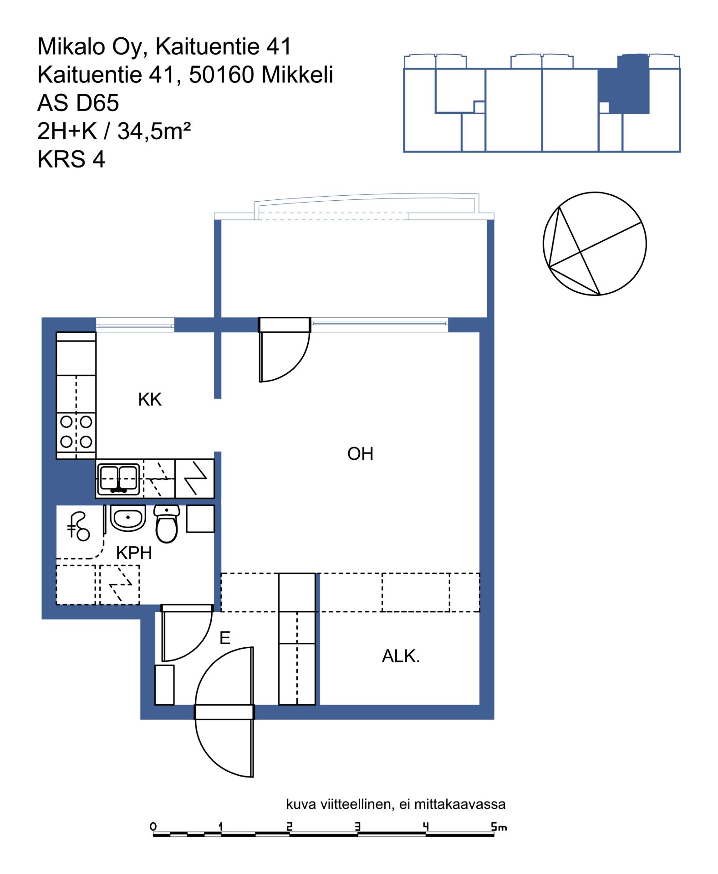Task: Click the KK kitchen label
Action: tap(150, 400)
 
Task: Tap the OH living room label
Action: tap(360, 454)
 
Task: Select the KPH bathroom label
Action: tap(134, 553)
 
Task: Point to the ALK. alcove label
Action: tap(401, 656)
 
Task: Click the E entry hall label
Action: tap(225, 638)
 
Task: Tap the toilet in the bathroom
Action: tap(167, 524)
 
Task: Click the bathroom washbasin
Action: tap(128, 518)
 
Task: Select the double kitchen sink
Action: tap(118, 479)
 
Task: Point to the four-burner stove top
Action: tap(76, 432)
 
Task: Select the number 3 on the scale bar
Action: tap(357, 826)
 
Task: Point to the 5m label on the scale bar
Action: tap(499, 827)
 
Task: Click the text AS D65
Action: tap(78, 103)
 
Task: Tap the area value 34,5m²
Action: tap(154, 131)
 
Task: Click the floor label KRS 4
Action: tap(71, 159)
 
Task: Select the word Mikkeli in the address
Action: tap(298, 75)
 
